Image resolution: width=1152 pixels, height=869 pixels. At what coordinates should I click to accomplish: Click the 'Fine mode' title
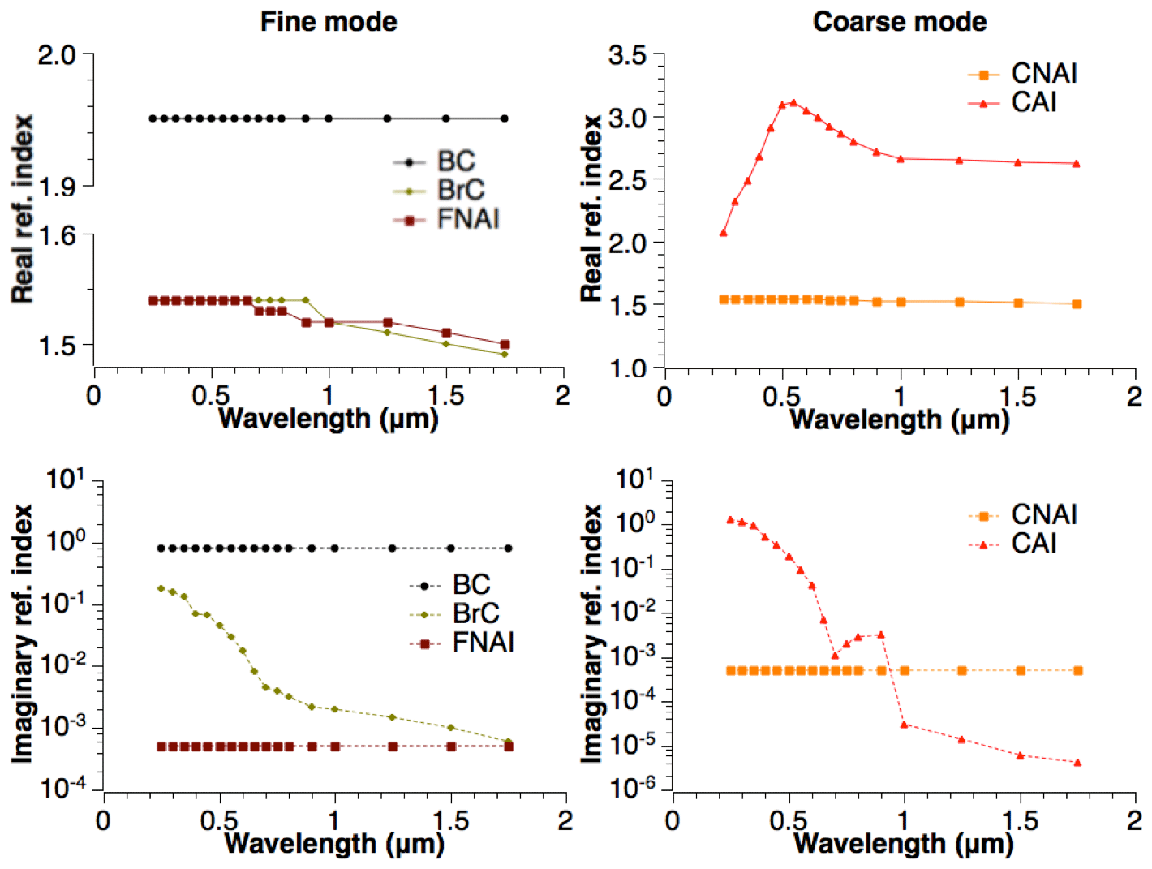(329, 22)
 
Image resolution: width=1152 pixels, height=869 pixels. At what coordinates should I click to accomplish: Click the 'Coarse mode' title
(900, 22)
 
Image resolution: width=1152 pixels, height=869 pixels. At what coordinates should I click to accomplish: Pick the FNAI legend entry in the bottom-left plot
(483, 643)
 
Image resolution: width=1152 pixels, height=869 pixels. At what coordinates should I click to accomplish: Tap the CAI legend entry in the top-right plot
(1034, 103)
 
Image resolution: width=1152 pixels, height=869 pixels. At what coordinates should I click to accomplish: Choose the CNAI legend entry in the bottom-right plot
(1044, 515)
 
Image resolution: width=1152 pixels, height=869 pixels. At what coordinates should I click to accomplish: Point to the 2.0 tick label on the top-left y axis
(57, 56)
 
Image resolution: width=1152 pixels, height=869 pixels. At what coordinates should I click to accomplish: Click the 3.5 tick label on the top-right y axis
(627, 56)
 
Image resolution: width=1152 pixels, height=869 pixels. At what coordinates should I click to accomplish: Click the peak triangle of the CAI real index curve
(793, 103)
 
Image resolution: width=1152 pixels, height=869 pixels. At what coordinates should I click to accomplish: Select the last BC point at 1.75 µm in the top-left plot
(505, 118)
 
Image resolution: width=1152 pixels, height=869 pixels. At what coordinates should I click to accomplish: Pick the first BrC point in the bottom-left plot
(161, 588)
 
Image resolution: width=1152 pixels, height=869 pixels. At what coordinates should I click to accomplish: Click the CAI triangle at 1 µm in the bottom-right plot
(904, 724)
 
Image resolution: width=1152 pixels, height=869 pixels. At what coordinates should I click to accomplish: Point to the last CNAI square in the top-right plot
(1077, 304)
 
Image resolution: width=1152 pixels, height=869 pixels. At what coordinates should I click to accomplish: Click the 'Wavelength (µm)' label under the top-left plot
(329, 419)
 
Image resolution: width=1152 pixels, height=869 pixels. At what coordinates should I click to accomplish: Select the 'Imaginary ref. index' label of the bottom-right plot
(591, 633)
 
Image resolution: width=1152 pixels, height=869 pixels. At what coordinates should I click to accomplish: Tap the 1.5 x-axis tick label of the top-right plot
(1017, 397)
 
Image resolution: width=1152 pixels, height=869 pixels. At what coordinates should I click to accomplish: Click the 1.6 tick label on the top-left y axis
(57, 236)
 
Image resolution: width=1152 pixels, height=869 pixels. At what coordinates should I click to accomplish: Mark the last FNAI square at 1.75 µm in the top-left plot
(505, 345)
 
